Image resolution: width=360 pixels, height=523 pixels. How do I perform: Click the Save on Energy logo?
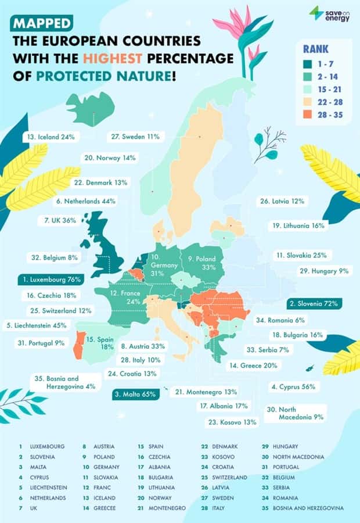[x=329, y=13]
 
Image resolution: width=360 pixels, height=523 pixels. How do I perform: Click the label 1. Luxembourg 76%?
[x=50, y=279]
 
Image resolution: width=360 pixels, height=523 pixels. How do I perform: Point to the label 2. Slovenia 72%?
[x=314, y=303]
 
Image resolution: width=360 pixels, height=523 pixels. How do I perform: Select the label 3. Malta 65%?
[x=135, y=394]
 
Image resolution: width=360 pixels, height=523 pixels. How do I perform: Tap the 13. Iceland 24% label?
[x=51, y=137]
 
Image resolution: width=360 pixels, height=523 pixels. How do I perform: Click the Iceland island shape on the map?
[x=90, y=109]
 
